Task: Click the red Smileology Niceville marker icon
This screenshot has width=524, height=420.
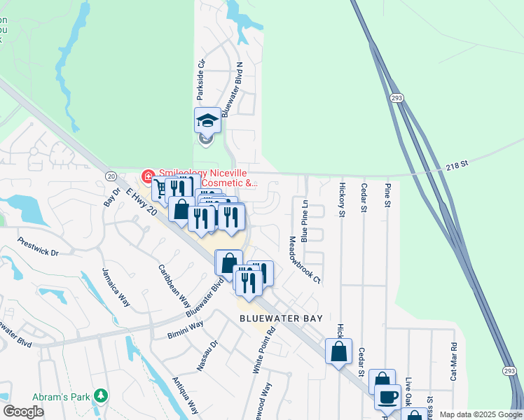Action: click(148, 175)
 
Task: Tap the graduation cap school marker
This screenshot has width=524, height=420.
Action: click(207, 120)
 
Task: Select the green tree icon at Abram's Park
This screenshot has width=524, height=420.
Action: click(102, 397)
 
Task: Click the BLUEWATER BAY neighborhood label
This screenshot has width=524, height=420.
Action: click(281, 318)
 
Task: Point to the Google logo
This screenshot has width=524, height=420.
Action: click(23, 412)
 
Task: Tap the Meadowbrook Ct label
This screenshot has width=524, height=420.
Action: click(305, 259)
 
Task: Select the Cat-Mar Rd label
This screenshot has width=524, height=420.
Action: click(454, 361)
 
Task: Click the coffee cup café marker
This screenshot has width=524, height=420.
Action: click(387, 397)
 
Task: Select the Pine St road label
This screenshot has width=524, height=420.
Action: click(387, 195)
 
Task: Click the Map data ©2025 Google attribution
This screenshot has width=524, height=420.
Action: click(481, 414)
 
